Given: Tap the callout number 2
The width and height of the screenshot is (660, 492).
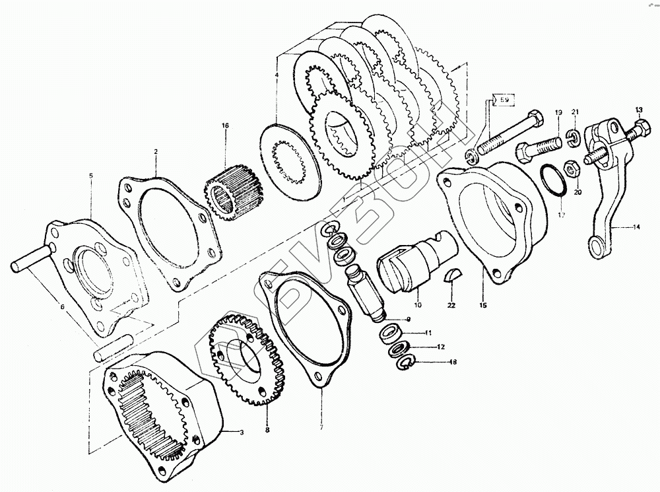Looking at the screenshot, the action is coord(156,152).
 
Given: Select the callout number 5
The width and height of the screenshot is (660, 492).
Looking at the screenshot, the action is coord(91,176).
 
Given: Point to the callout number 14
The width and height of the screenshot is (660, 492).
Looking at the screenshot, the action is coord(636,227).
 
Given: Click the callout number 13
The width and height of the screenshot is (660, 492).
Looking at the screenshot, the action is coord(638,109).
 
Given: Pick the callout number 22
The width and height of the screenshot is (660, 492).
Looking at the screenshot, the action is coord(451,305).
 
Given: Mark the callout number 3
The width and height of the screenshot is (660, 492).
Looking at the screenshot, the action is coord(242,433).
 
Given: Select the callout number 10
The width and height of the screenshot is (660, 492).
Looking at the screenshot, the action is coord(416,306).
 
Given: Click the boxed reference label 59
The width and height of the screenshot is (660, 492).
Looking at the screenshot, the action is coord(503,100).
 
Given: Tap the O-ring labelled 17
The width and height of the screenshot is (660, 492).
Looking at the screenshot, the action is coord(551,182).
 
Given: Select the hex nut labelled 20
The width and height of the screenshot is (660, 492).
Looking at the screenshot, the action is coord(572,168).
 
